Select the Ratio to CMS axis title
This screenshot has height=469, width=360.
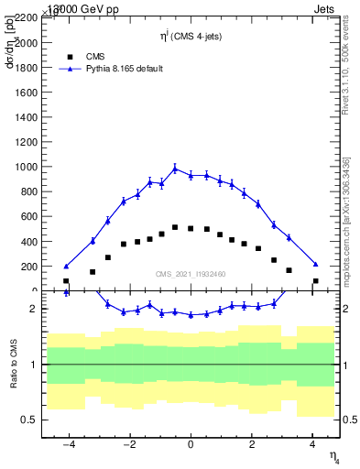click(x=13, y=365)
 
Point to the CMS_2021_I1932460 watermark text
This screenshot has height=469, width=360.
click(x=191, y=274)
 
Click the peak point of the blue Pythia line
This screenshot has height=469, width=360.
click(x=175, y=168)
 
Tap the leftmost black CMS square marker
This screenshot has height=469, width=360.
click(x=66, y=281)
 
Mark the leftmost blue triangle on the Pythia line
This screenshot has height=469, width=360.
click(x=66, y=266)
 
